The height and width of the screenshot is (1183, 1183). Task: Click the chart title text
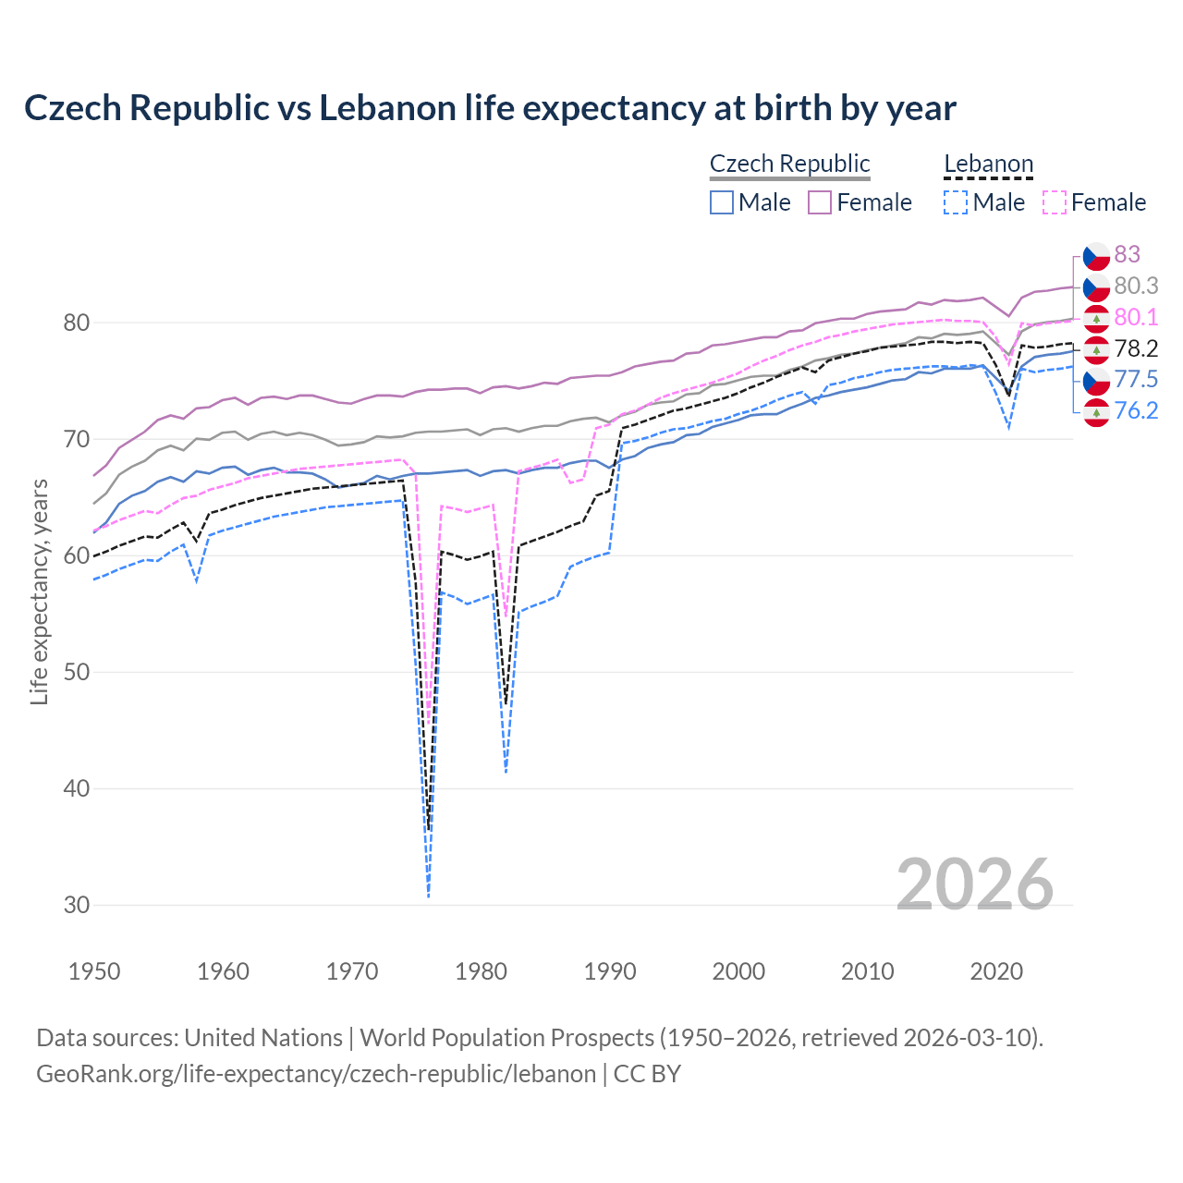click(x=490, y=108)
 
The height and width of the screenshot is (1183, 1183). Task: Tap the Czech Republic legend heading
click(x=789, y=164)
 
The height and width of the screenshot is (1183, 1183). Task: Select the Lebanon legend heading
click(x=988, y=164)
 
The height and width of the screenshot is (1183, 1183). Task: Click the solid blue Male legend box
click(x=722, y=202)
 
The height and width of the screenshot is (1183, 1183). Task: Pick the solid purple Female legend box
click(x=821, y=202)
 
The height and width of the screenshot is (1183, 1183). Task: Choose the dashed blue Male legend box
click(x=956, y=202)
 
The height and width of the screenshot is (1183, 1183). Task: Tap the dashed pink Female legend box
click(x=1055, y=202)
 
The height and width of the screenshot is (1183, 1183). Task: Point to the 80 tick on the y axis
click(x=77, y=323)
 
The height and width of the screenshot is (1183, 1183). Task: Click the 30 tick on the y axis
click(x=77, y=905)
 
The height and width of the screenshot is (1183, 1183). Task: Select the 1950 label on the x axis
click(x=94, y=971)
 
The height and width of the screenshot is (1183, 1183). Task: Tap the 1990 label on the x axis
click(x=610, y=971)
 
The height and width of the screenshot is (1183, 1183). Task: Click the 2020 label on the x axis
click(x=996, y=971)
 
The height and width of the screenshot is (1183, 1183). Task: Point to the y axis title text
click(x=39, y=591)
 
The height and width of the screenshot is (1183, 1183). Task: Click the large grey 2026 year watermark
click(x=974, y=884)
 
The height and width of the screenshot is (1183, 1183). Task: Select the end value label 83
click(x=1127, y=254)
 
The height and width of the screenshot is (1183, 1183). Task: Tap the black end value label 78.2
click(x=1136, y=348)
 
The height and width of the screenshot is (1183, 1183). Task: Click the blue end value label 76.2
click(x=1136, y=410)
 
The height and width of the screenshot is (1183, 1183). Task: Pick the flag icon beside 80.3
click(x=1096, y=286)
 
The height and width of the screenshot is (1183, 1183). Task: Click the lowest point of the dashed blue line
click(x=429, y=896)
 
